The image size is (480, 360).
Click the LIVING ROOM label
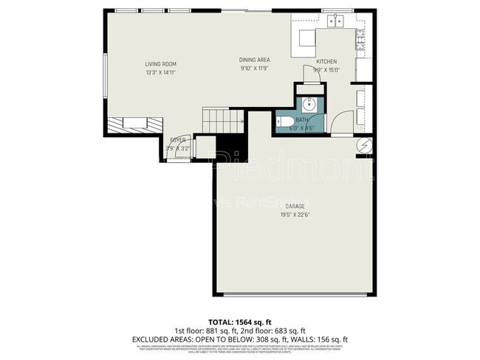(x=160, y=64)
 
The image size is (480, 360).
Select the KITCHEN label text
(x=326, y=62)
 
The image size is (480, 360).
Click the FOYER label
(x=177, y=139)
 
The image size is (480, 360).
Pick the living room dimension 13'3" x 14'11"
(x=160, y=72)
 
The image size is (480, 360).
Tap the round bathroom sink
(x=309, y=103)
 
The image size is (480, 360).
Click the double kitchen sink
(x=336, y=21)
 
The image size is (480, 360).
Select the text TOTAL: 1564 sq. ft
(x=240, y=322)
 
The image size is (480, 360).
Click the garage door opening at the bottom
(x=294, y=294)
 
